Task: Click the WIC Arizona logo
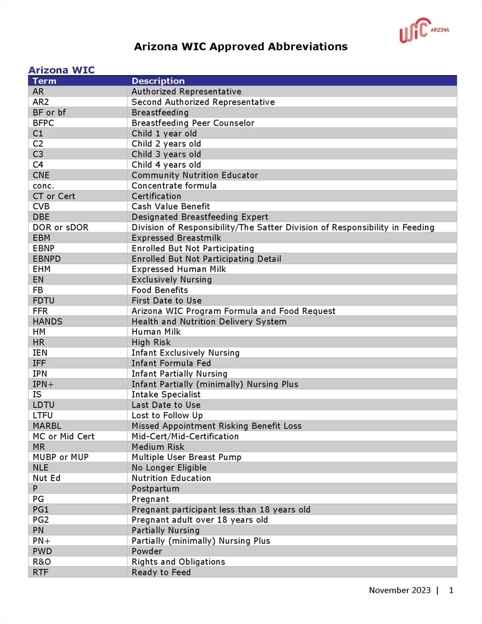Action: pyautogui.click(x=424, y=30)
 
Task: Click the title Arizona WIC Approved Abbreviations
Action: pyautogui.click(x=241, y=47)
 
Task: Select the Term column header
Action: pyautogui.click(x=44, y=81)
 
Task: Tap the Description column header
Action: pyautogui.click(x=158, y=81)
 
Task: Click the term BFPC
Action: pyautogui.click(x=43, y=123)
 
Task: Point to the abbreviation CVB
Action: pyautogui.click(x=41, y=207)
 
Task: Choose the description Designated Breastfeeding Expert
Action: pyautogui.click(x=200, y=217)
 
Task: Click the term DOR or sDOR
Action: pyautogui.click(x=61, y=228)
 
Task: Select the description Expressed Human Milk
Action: pyautogui.click(x=179, y=269)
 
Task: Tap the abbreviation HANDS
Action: pyautogui.click(x=47, y=322)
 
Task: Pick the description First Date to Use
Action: pyautogui.click(x=167, y=301)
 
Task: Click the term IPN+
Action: pyautogui.click(x=43, y=384)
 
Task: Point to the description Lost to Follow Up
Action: pyautogui.click(x=167, y=416)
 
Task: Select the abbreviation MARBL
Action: pyautogui.click(x=47, y=426)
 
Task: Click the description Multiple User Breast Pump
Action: pyautogui.click(x=186, y=457)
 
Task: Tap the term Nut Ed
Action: pyautogui.click(x=47, y=478)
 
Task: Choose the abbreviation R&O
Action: pyautogui.click(x=42, y=562)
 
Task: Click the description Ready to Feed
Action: pyautogui.click(x=161, y=573)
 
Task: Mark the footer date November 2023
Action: pyautogui.click(x=400, y=590)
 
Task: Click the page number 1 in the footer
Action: pyautogui.click(x=451, y=590)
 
